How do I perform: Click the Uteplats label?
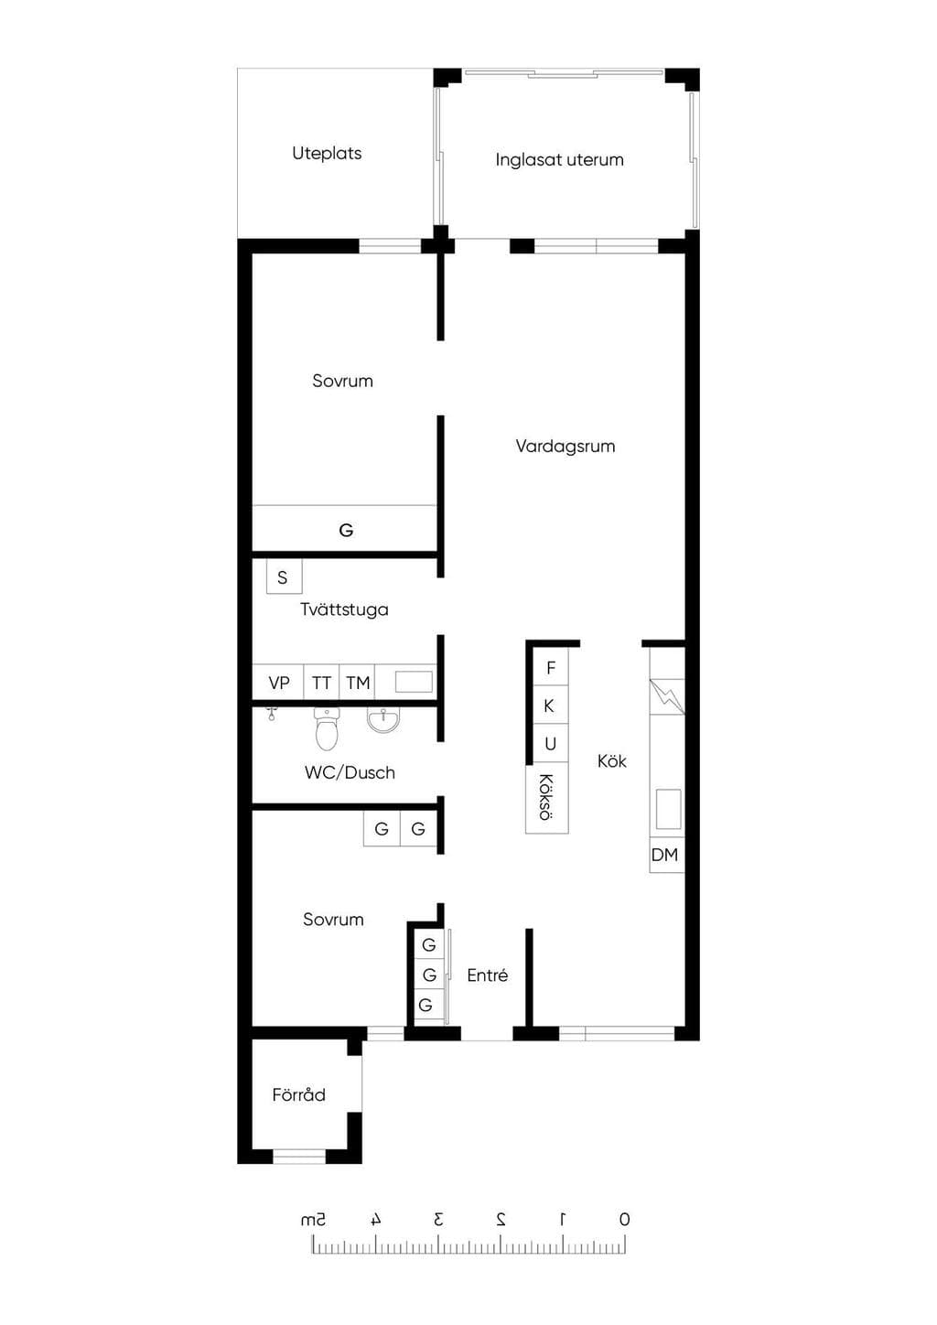pos(327,153)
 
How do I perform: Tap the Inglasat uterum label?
pos(560,160)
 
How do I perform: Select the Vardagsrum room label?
pos(565,446)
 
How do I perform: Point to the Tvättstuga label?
pos(344,609)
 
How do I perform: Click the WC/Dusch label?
pos(350,772)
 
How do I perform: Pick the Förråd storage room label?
pos(298,1094)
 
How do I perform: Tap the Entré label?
pos(488,975)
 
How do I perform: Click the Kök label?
pos(611,760)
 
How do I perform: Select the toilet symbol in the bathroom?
pos(327,729)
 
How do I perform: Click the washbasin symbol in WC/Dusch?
pos(383,720)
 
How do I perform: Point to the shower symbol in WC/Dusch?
pos(272,713)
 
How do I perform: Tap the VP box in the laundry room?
pos(278,683)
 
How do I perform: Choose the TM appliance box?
pos(357,683)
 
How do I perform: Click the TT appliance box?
pos(322,683)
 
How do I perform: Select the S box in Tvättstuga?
pos(284,576)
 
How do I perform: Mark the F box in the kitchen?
pos(551,667)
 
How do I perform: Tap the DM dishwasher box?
pos(667,855)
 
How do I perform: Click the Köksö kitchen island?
pos(547,797)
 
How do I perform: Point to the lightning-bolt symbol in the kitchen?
pos(667,696)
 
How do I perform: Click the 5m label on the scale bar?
pos(314,1219)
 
